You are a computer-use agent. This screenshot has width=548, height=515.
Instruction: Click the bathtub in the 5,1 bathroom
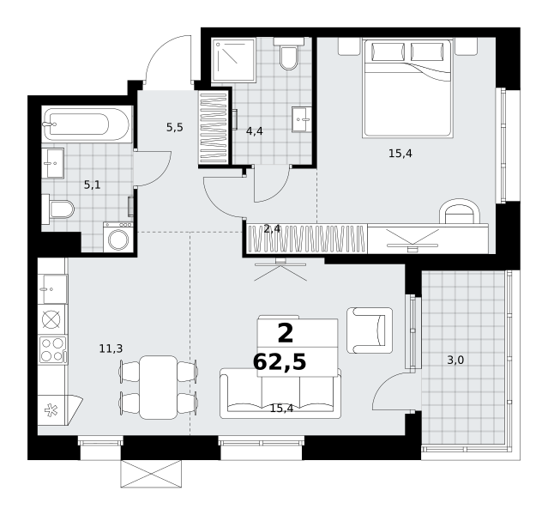pos(87,124)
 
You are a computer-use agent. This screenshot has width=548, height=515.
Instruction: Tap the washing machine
pos(118,237)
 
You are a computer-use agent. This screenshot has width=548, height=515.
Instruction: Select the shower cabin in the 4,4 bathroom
pos(234,60)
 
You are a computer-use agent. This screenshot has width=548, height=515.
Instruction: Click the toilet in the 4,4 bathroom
pos(289,54)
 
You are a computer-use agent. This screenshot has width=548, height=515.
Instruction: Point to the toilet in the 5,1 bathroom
pos(57,209)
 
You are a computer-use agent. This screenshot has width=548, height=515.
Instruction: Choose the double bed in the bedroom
pos(408,88)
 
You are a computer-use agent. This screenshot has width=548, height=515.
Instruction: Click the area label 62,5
pos(280,361)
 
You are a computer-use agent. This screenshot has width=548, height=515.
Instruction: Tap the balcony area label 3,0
pos(455,360)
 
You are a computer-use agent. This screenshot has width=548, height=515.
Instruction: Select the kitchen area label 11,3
pos(111,348)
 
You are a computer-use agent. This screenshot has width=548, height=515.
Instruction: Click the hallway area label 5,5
pos(175,127)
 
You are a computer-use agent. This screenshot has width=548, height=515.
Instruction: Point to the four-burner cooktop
pos(52,350)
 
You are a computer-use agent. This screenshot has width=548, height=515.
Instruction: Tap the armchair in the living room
pos(370,330)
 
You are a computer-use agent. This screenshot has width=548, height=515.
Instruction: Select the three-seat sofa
pos(280,393)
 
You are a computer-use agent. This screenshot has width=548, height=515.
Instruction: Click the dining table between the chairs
pos(159,387)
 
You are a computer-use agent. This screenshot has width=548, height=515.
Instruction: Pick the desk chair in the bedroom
pos(459,211)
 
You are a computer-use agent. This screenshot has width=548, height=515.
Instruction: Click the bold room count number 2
pos(286,333)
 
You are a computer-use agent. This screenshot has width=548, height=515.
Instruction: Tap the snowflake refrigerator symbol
pos(51,410)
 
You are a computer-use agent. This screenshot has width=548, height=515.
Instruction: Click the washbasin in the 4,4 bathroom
pos(302,119)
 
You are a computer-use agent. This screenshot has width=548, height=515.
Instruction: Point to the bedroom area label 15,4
pos(400,154)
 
